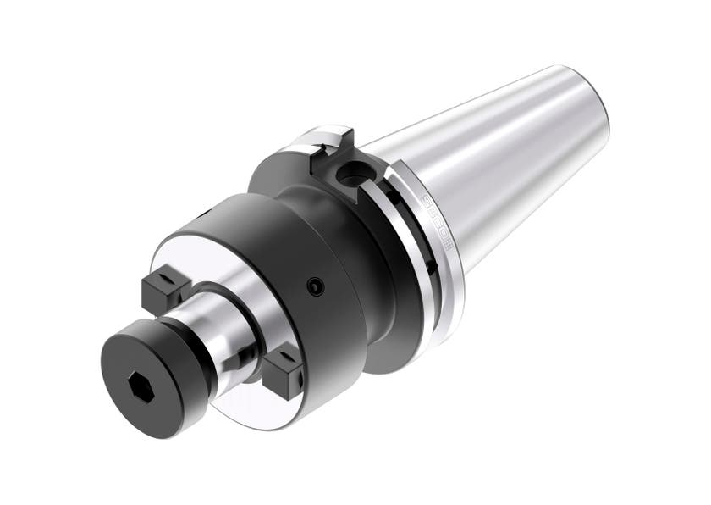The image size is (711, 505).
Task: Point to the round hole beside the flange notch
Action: [348, 176]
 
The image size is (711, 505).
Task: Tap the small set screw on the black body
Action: [316, 287]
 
